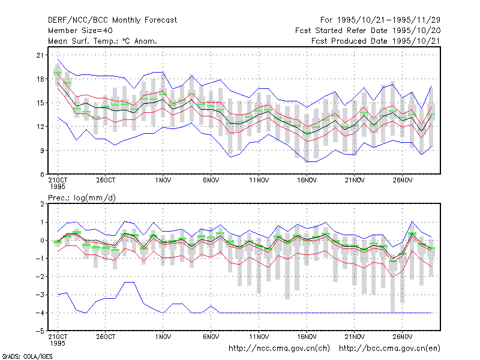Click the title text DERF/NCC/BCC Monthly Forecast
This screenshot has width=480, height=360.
tap(112, 20)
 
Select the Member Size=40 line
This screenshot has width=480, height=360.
tap(80, 31)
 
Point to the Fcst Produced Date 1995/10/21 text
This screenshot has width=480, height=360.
tap(376, 41)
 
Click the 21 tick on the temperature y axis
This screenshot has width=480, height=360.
tap(40, 55)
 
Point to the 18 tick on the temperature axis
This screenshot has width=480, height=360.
tap(40, 79)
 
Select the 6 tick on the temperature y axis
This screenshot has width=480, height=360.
tap(42, 174)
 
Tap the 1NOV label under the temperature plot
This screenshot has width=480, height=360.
tap(163, 181)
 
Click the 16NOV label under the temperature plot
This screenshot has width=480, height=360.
tap(307, 181)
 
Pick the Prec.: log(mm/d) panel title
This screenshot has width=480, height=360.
tap(82, 198)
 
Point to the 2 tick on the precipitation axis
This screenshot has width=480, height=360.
tap(42, 204)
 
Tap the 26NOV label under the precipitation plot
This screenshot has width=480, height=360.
tap(402, 337)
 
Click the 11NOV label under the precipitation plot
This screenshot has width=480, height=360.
tap(259, 337)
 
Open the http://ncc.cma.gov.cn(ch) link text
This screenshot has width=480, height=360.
tap(279, 349)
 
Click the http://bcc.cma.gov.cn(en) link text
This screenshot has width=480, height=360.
tap(389, 349)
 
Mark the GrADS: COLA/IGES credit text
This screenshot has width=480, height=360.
tap(28, 356)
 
